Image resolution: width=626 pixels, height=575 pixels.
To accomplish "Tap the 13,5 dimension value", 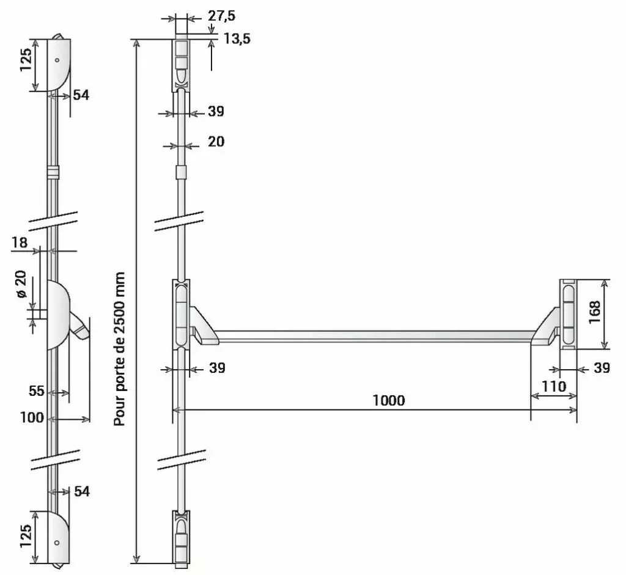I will (x=237, y=38).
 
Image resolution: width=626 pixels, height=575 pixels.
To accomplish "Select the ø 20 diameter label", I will (x=21, y=285).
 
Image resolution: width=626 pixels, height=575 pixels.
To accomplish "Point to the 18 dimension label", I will (x=20, y=242).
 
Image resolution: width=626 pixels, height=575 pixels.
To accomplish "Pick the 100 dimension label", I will (x=32, y=418).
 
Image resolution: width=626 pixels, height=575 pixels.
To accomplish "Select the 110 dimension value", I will (x=553, y=386).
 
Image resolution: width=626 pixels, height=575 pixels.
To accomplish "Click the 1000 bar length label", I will (x=388, y=400).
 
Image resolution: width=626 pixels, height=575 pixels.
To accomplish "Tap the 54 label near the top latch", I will (x=81, y=95).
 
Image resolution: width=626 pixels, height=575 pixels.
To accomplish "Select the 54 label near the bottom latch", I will (x=81, y=491).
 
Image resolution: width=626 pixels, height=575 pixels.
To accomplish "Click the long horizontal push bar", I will (x=373, y=335).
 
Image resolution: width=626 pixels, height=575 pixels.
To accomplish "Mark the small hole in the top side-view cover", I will (x=57, y=60).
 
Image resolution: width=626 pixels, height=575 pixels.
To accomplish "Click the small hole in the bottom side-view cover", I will (x=57, y=542).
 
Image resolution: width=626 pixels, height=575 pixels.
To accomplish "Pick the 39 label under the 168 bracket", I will (x=602, y=368).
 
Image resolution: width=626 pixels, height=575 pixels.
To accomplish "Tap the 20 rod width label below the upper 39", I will (x=216, y=141).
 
